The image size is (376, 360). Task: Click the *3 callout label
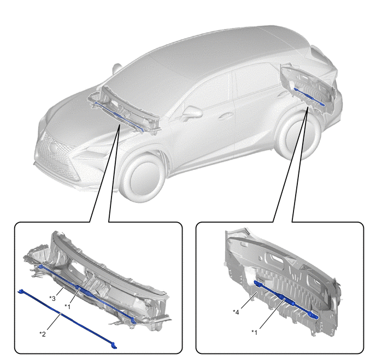(x=52, y=298)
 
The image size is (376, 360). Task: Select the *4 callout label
(x=236, y=312)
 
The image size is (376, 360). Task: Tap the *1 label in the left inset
(x=68, y=306)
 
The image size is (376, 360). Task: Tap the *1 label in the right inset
(x=255, y=333)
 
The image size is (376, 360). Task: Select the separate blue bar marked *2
(x=67, y=319)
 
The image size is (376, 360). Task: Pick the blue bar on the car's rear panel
(x=309, y=97)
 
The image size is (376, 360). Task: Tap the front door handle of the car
(x=223, y=118)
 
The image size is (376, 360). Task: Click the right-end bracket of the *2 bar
(x=114, y=346)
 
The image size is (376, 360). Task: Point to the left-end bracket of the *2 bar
(x=21, y=292)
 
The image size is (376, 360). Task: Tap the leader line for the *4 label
(x=249, y=300)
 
